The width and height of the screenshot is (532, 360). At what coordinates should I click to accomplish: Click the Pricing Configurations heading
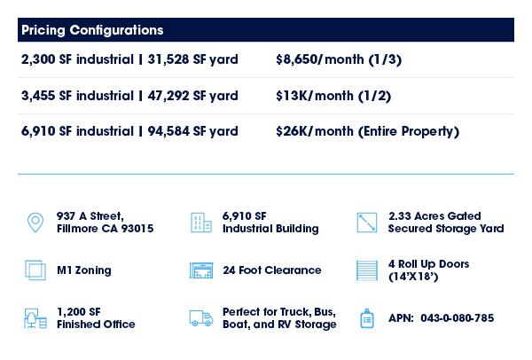[x=92, y=30]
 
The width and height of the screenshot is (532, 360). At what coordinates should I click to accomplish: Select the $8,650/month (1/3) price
[x=339, y=59]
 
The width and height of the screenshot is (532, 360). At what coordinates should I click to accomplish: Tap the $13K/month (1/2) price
[x=333, y=96]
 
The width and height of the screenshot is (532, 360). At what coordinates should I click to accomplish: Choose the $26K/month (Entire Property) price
[x=367, y=131]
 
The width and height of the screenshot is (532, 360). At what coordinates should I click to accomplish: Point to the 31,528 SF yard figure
[x=192, y=59]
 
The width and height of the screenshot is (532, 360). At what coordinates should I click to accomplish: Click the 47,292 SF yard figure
[x=192, y=96]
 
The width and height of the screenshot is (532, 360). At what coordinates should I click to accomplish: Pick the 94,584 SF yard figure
[x=192, y=131]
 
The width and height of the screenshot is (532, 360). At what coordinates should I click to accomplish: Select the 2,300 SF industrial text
[x=77, y=59]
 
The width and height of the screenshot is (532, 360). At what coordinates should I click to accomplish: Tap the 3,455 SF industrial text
[x=77, y=96]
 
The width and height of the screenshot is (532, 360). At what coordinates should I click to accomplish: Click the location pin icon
[x=35, y=223]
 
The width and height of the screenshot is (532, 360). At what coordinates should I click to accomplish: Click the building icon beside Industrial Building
[x=201, y=223]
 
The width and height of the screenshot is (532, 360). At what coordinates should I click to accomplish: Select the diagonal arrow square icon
[x=367, y=223]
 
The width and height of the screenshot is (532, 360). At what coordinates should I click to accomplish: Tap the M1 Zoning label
[x=84, y=270]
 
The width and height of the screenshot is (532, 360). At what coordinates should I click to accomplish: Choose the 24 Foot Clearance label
[x=272, y=270]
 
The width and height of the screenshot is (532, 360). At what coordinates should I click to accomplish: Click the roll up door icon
[x=367, y=270]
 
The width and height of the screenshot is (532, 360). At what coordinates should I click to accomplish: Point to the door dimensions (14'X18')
[x=413, y=277]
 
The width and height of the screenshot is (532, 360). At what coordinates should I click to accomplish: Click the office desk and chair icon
[x=35, y=318]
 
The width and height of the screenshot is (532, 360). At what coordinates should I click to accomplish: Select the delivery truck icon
[x=201, y=318]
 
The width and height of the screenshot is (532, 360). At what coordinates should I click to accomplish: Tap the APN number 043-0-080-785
[x=457, y=318]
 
